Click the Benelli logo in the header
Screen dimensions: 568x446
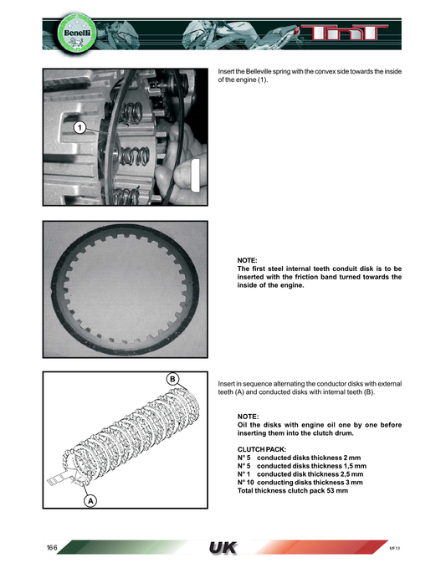[59, 33]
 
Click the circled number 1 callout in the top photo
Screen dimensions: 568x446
[77, 128]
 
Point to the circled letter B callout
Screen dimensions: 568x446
[172, 379]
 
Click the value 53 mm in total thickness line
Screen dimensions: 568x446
[333, 490]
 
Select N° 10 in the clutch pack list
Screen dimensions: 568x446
[247, 482]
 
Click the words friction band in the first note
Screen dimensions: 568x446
[326, 277]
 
